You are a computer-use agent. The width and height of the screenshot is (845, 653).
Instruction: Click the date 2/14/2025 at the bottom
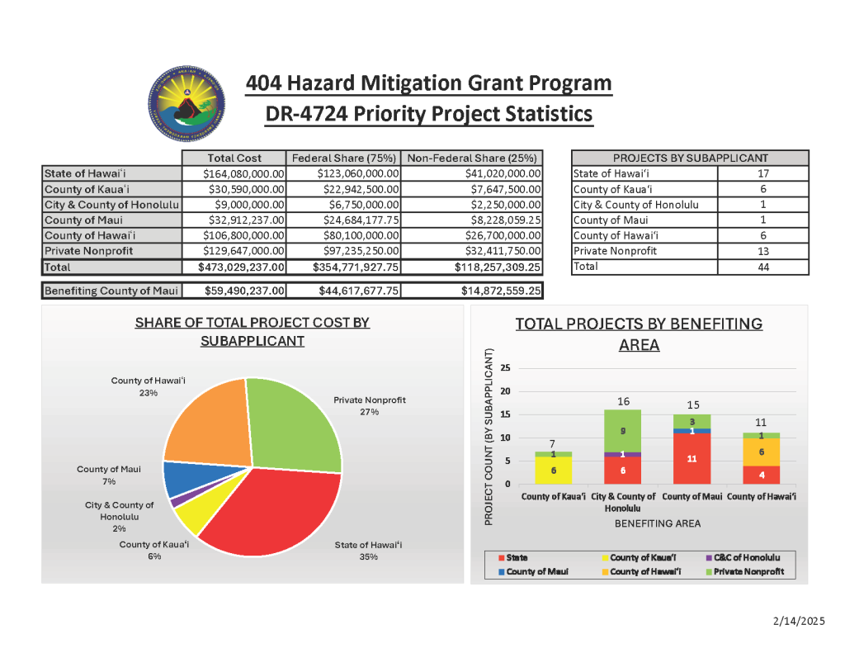click(799, 621)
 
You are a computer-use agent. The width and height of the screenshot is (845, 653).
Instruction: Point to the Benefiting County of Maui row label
click(111, 291)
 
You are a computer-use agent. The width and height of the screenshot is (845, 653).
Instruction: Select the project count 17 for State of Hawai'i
click(762, 173)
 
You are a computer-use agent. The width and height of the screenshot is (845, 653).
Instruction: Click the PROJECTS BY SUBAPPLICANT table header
click(690, 158)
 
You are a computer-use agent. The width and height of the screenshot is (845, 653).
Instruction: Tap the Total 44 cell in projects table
click(762, 267)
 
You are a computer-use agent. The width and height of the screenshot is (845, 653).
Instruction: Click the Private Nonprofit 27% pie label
click(369, 405)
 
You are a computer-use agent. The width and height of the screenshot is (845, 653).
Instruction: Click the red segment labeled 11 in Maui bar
click(692, 458)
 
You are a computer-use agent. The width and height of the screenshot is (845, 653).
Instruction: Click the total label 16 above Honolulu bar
click(623, 401)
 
